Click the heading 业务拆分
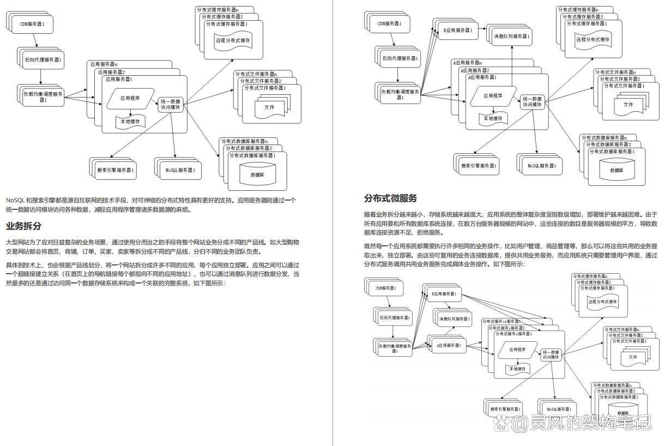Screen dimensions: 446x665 pyautogui.click(x=23, y=226)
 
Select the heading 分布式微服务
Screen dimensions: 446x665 pyautogui.click(x=390, y=198)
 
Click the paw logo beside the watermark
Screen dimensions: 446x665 pyautogui.click(x=504, y=423)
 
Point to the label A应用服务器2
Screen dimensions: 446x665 pyautogui.click(x=474, y=70)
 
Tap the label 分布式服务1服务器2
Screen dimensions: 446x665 pyautogui.click(x=507, y=328)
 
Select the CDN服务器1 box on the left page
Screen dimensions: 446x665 pyautogui.click(x=36, y=24)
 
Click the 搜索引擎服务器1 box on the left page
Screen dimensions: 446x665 pyautogui.click(x=112, y=170)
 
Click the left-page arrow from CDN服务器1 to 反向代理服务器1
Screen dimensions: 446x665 pyautogui.click(x=37, y=40)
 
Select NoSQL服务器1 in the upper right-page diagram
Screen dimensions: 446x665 pyautogui.click(x=540, y=165)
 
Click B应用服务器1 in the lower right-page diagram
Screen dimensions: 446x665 pyautogui.click(x=443, y=295)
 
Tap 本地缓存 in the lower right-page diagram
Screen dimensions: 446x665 pyautogui.click(x=517, y=369)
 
